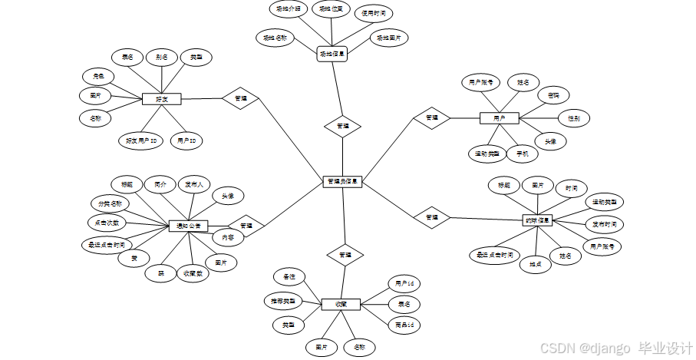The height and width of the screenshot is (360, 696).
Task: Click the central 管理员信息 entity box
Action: point(342,182)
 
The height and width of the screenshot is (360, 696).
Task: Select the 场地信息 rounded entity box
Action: point(332,54)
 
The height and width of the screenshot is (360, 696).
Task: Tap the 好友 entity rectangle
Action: point(162,99)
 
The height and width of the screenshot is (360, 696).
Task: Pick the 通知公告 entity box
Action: point(189,226)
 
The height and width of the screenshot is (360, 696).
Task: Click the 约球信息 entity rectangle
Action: point(537,220)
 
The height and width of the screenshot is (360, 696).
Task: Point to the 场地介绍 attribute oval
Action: point(288,9)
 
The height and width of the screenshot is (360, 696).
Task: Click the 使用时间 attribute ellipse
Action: point(374,14)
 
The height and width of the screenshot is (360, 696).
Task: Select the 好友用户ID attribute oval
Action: point(141,140)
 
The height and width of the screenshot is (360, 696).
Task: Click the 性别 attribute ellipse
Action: point(573,118)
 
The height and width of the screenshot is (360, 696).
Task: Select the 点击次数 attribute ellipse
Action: point(107,223)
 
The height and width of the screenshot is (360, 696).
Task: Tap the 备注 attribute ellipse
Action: point(289,276)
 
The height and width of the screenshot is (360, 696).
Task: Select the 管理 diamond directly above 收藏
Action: point(345,254)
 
